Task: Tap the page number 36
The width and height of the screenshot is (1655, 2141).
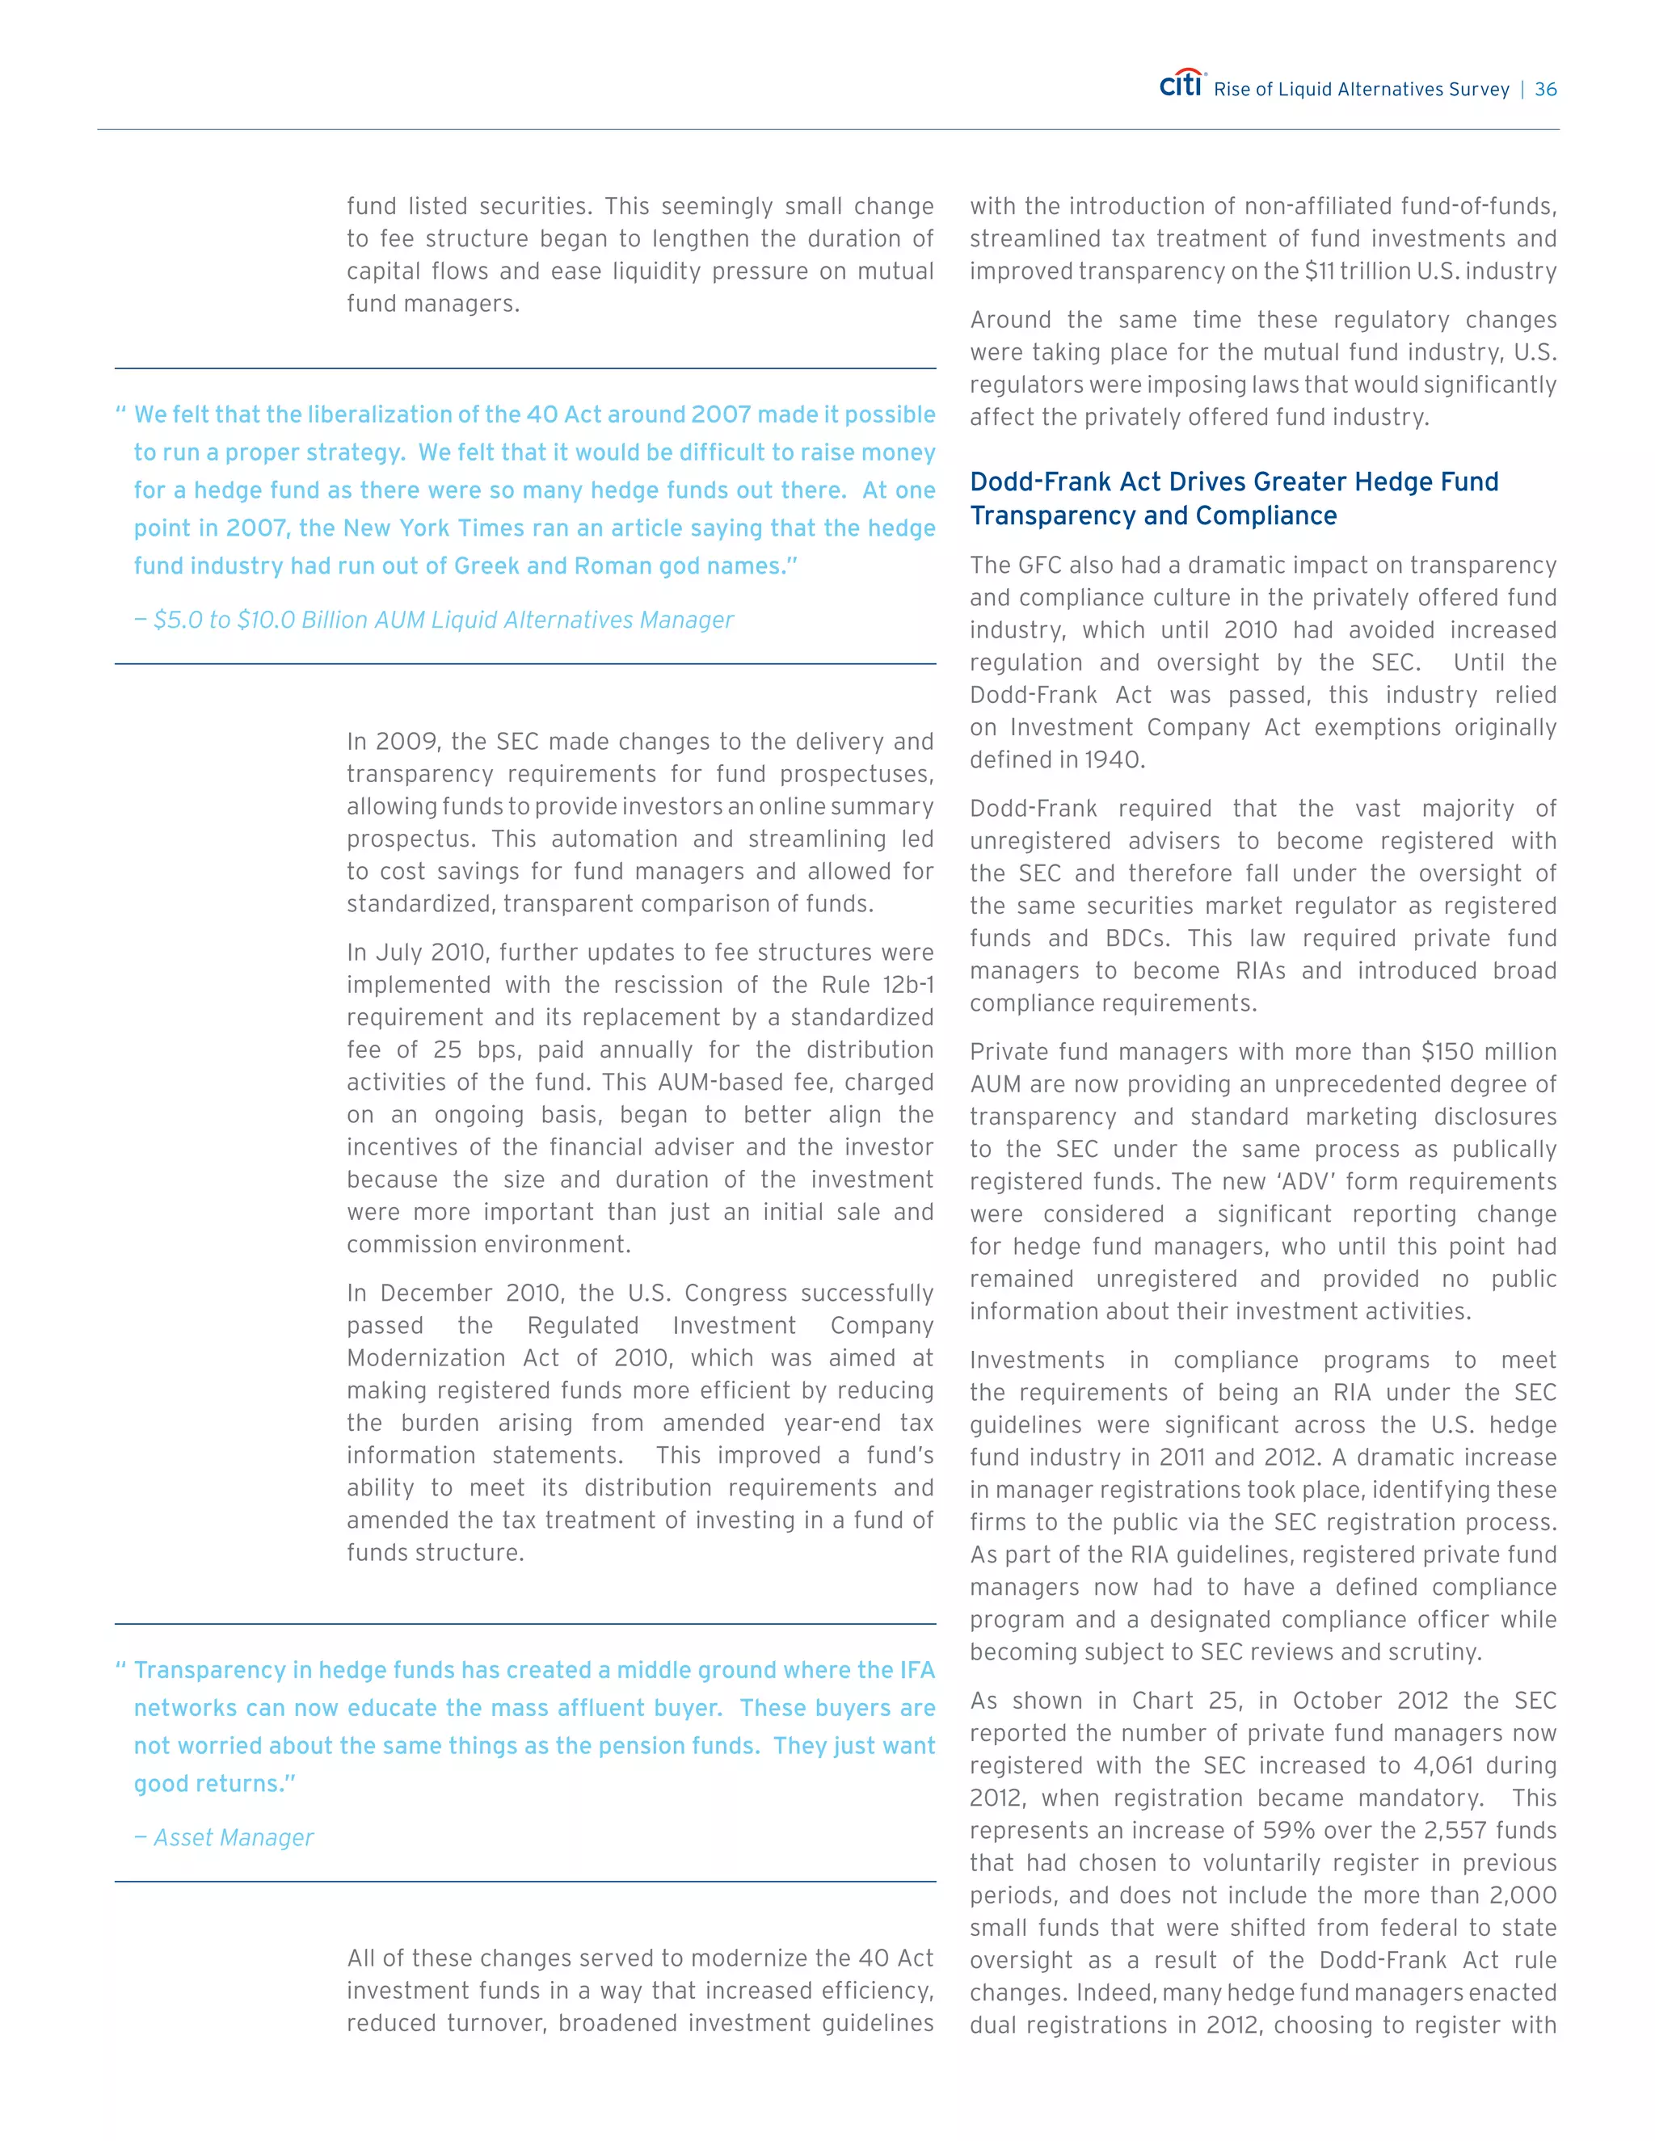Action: click(1545, 89)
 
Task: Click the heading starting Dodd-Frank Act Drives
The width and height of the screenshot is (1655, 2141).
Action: click(1233, 498)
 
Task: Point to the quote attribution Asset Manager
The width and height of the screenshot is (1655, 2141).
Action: click(234, 1837)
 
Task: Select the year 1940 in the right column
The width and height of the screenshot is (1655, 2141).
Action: click(1114, 759)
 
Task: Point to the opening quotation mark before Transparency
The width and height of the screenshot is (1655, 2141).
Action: click(121, 1667)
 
